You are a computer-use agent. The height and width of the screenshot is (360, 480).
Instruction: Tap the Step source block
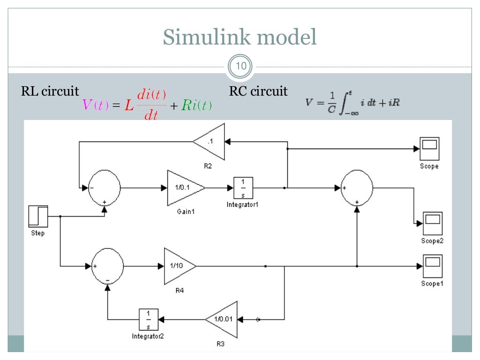[38, 216]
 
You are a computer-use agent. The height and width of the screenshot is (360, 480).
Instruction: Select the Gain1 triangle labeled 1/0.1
[184, 187]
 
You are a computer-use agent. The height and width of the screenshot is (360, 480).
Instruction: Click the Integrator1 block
[243, 187]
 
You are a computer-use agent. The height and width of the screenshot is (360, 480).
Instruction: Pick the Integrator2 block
[148, 319]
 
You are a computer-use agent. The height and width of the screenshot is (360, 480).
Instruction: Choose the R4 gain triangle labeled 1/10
[178, 266]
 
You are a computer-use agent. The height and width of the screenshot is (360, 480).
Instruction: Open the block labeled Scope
[429, 149]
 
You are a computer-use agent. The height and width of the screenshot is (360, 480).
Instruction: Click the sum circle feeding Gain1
[105, 187]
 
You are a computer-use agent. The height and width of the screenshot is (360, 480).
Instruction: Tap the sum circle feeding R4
[107, 266]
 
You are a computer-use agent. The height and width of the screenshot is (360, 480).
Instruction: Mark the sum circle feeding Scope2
[357, 187]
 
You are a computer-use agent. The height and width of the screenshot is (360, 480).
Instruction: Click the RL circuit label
[50, 90]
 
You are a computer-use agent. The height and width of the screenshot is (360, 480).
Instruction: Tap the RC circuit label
[258, 90]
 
